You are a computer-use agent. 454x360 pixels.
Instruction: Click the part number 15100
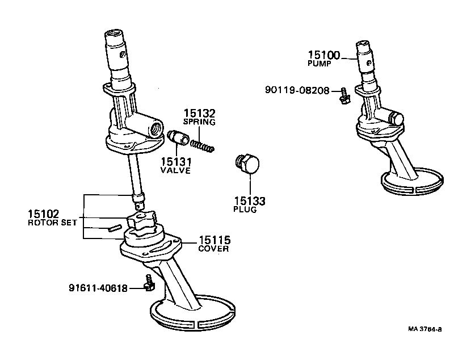click(x=324, y=55)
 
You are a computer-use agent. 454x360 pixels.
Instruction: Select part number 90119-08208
click(x=297, y=90)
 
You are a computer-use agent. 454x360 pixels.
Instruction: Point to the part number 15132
click(x=199, y=113)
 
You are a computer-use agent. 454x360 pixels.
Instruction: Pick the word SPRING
click(x=199, y=122)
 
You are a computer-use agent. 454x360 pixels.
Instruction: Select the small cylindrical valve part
click(x=179, y=138)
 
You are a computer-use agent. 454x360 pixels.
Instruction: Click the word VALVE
click(x=175, y=171)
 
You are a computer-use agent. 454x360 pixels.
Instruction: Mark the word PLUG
click(x=245, y=210)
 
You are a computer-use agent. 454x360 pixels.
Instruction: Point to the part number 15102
click(x=43, y=214)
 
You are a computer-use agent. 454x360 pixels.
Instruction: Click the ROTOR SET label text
click(x=52, y=223)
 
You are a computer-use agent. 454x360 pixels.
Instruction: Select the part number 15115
click(x=214, y=240)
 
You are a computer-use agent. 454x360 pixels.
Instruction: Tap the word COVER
click(x=213, y=249)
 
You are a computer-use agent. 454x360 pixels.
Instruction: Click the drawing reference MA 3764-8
click(x=424, y=329)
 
